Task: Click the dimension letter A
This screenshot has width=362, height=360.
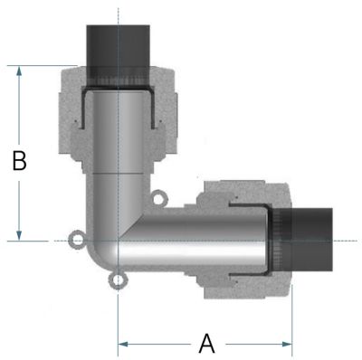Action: [207, 344]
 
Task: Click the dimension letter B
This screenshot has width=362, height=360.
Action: [20, 160]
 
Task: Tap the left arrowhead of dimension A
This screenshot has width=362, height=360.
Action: [123, 344]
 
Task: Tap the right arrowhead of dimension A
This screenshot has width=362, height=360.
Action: [287, 344]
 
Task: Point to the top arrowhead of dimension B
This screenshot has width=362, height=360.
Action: [19, 71]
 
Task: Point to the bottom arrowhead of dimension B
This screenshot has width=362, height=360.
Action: [19, 235]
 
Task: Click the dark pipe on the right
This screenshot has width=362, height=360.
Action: [305, 240]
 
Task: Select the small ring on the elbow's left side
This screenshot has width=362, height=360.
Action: [77, 240]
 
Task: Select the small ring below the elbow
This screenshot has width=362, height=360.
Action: [117, 280]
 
